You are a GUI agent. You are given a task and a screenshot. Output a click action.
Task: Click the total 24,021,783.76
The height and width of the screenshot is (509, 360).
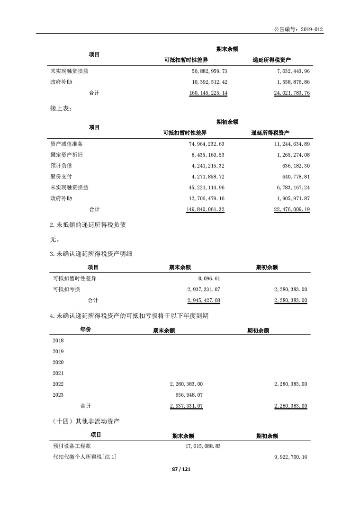291,93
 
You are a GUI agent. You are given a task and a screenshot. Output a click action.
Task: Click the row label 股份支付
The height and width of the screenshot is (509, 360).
61,177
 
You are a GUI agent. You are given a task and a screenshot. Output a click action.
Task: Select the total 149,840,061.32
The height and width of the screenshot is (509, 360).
205,209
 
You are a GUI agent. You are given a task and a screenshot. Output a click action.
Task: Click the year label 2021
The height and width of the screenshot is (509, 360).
58,373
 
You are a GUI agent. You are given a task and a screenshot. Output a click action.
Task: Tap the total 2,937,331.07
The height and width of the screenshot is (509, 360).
186,406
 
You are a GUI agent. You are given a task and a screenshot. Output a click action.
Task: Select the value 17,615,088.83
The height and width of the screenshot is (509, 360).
201,446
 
